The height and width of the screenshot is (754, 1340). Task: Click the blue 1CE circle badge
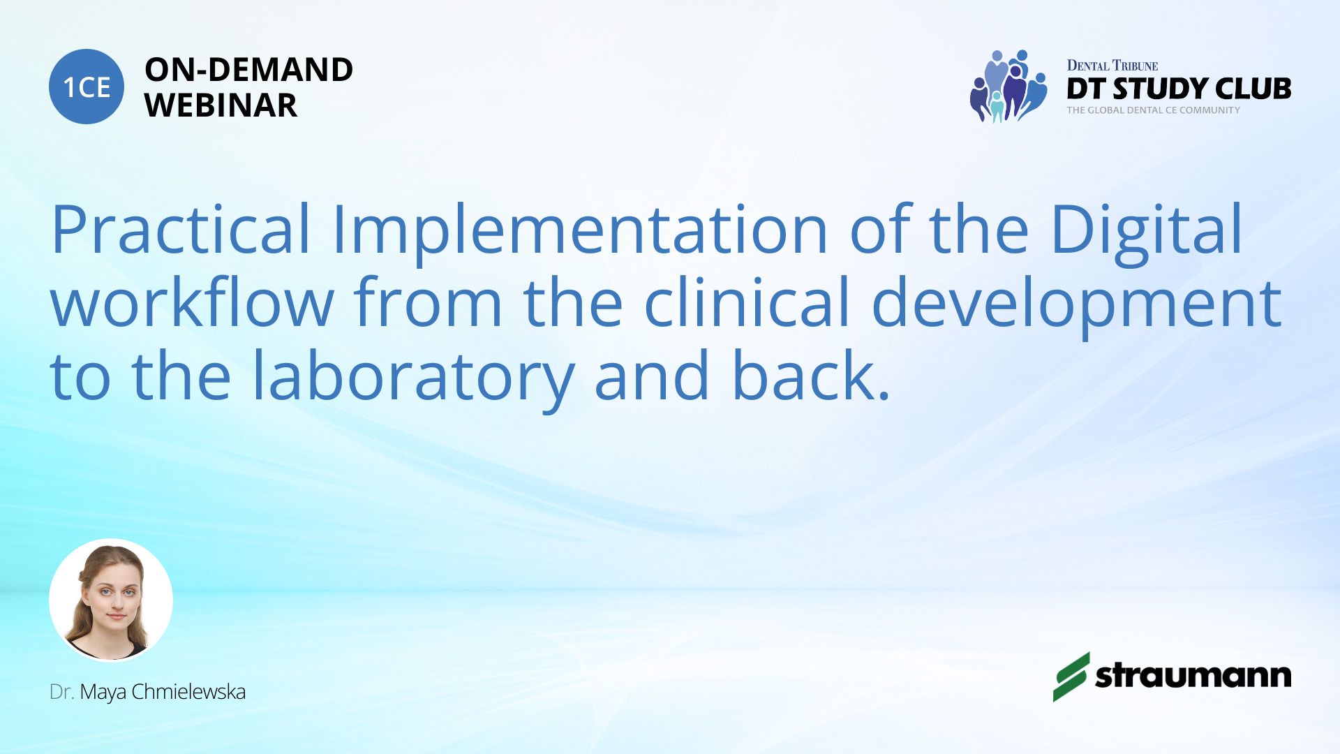pos(87,87)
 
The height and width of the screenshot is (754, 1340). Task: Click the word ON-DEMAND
pos(248,70)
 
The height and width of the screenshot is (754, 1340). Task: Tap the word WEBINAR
pos(221,105)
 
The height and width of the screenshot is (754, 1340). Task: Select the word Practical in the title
pos(180,228)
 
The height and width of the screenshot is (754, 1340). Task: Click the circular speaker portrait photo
pos(111,600)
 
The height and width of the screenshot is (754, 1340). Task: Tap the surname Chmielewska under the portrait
pos(188,692)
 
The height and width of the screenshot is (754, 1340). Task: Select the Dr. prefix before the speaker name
pos(61,692)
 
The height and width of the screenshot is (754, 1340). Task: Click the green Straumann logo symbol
pos(1071,677)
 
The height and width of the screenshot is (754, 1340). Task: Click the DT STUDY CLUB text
pos(1179,89)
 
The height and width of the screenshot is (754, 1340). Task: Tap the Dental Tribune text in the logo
pos(1112,66)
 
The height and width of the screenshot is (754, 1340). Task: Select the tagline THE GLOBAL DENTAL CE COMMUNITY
pos(1154,110)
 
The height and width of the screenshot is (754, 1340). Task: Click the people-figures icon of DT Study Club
pos(1008,86)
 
